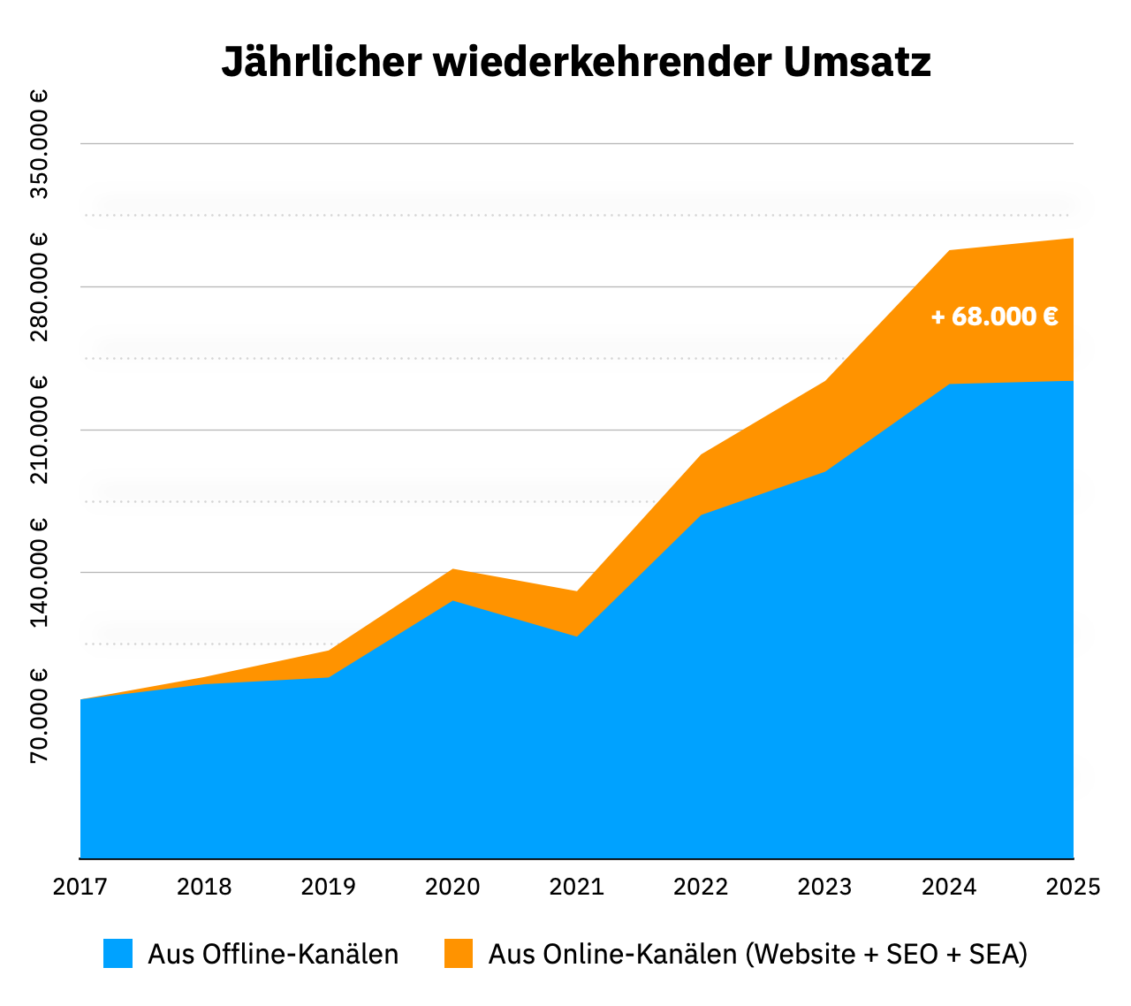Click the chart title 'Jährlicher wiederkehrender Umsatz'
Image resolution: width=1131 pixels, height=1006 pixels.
(x=576, y=63)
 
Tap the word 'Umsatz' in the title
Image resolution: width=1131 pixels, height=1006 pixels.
(x=856, y=63)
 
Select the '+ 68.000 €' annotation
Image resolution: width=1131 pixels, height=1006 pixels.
(x=994, y=316)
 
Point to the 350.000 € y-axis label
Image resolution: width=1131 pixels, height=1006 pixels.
(x=39, y=143)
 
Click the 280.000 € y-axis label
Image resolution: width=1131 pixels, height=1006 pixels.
(x=39, y=286)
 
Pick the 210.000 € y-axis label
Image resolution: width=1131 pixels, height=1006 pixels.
(x=39, y=430)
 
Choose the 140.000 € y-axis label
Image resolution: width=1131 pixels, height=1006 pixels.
(x=39, y=573)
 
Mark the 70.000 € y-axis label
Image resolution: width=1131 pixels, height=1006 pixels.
(x=39, y=715)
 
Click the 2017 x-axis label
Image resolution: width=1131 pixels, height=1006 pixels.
(x=80, y=887)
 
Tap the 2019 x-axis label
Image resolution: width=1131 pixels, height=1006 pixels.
(x=329, y=887)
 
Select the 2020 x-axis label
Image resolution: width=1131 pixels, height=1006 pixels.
(x=452, y=887)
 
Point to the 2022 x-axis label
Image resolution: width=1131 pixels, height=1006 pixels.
(x=701, y=887)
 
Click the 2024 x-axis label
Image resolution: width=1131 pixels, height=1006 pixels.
(x=949, y=887)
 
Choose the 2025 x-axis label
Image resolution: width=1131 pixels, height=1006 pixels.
(x=1073, y=887)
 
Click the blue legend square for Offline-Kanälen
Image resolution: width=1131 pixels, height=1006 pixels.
(x=118, y=954)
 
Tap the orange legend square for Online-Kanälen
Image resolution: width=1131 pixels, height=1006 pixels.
(x=458, y=954)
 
